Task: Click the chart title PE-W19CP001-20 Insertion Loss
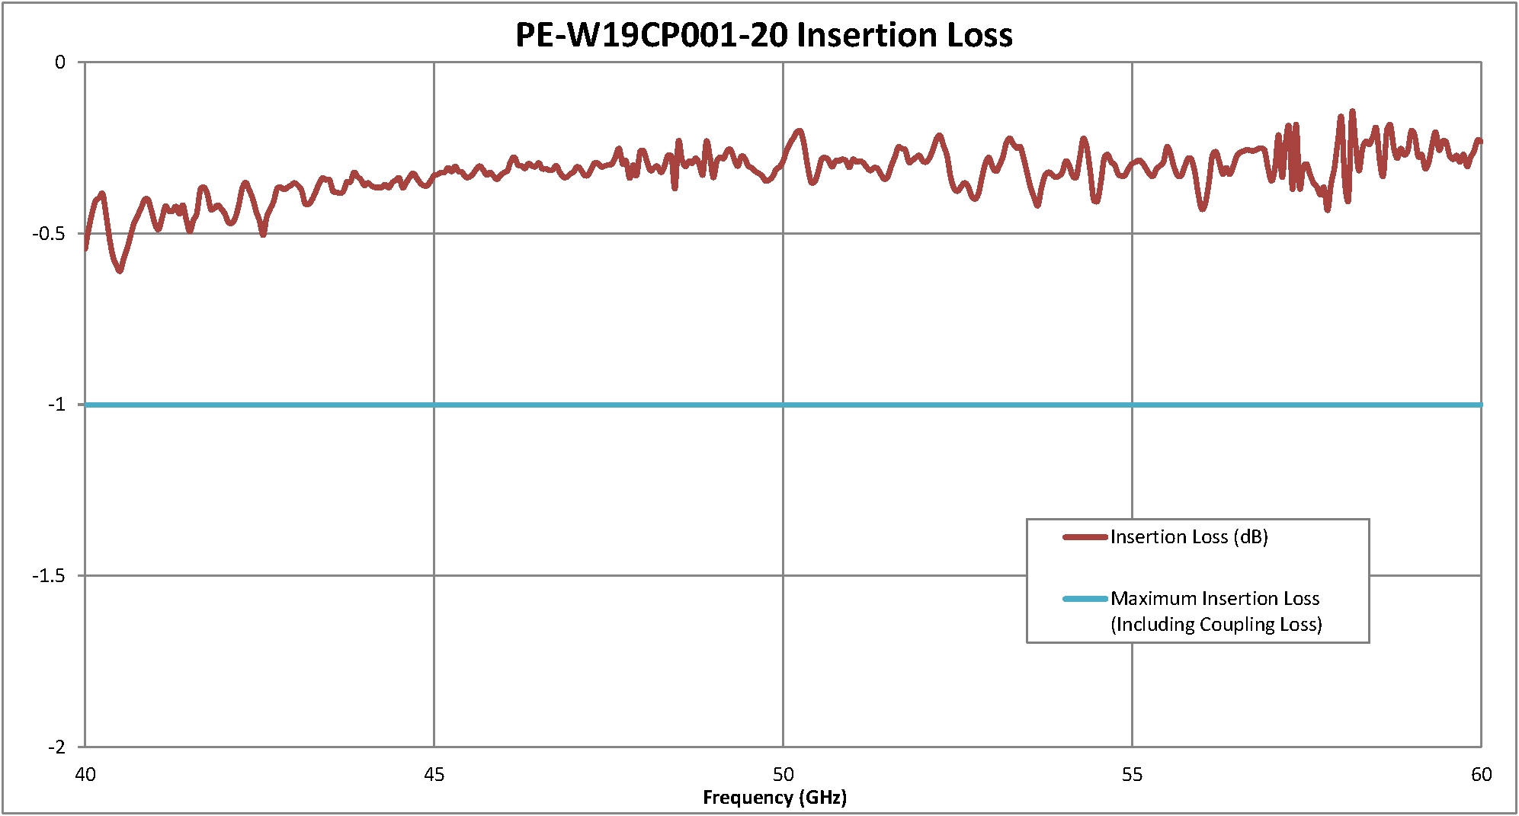(764, 35)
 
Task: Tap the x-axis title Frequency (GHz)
(774, 798)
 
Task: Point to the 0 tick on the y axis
(60, 62)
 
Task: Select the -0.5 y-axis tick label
(49, 233)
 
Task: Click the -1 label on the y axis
(56, 405)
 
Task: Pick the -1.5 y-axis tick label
(49, 576)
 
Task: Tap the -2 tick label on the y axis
(56, 747)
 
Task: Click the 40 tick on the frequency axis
(85, 775)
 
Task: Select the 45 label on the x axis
(434, 775)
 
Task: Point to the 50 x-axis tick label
(783, 775)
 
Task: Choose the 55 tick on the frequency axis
(1132, 775)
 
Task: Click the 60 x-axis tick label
(1481, 775)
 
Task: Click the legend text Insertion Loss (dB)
(1189, 537)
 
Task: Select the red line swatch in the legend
(1085, 537)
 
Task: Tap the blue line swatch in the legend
(1085, 599)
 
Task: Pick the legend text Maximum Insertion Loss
(1215, 599)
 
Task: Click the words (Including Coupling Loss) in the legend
(1216, 625)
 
